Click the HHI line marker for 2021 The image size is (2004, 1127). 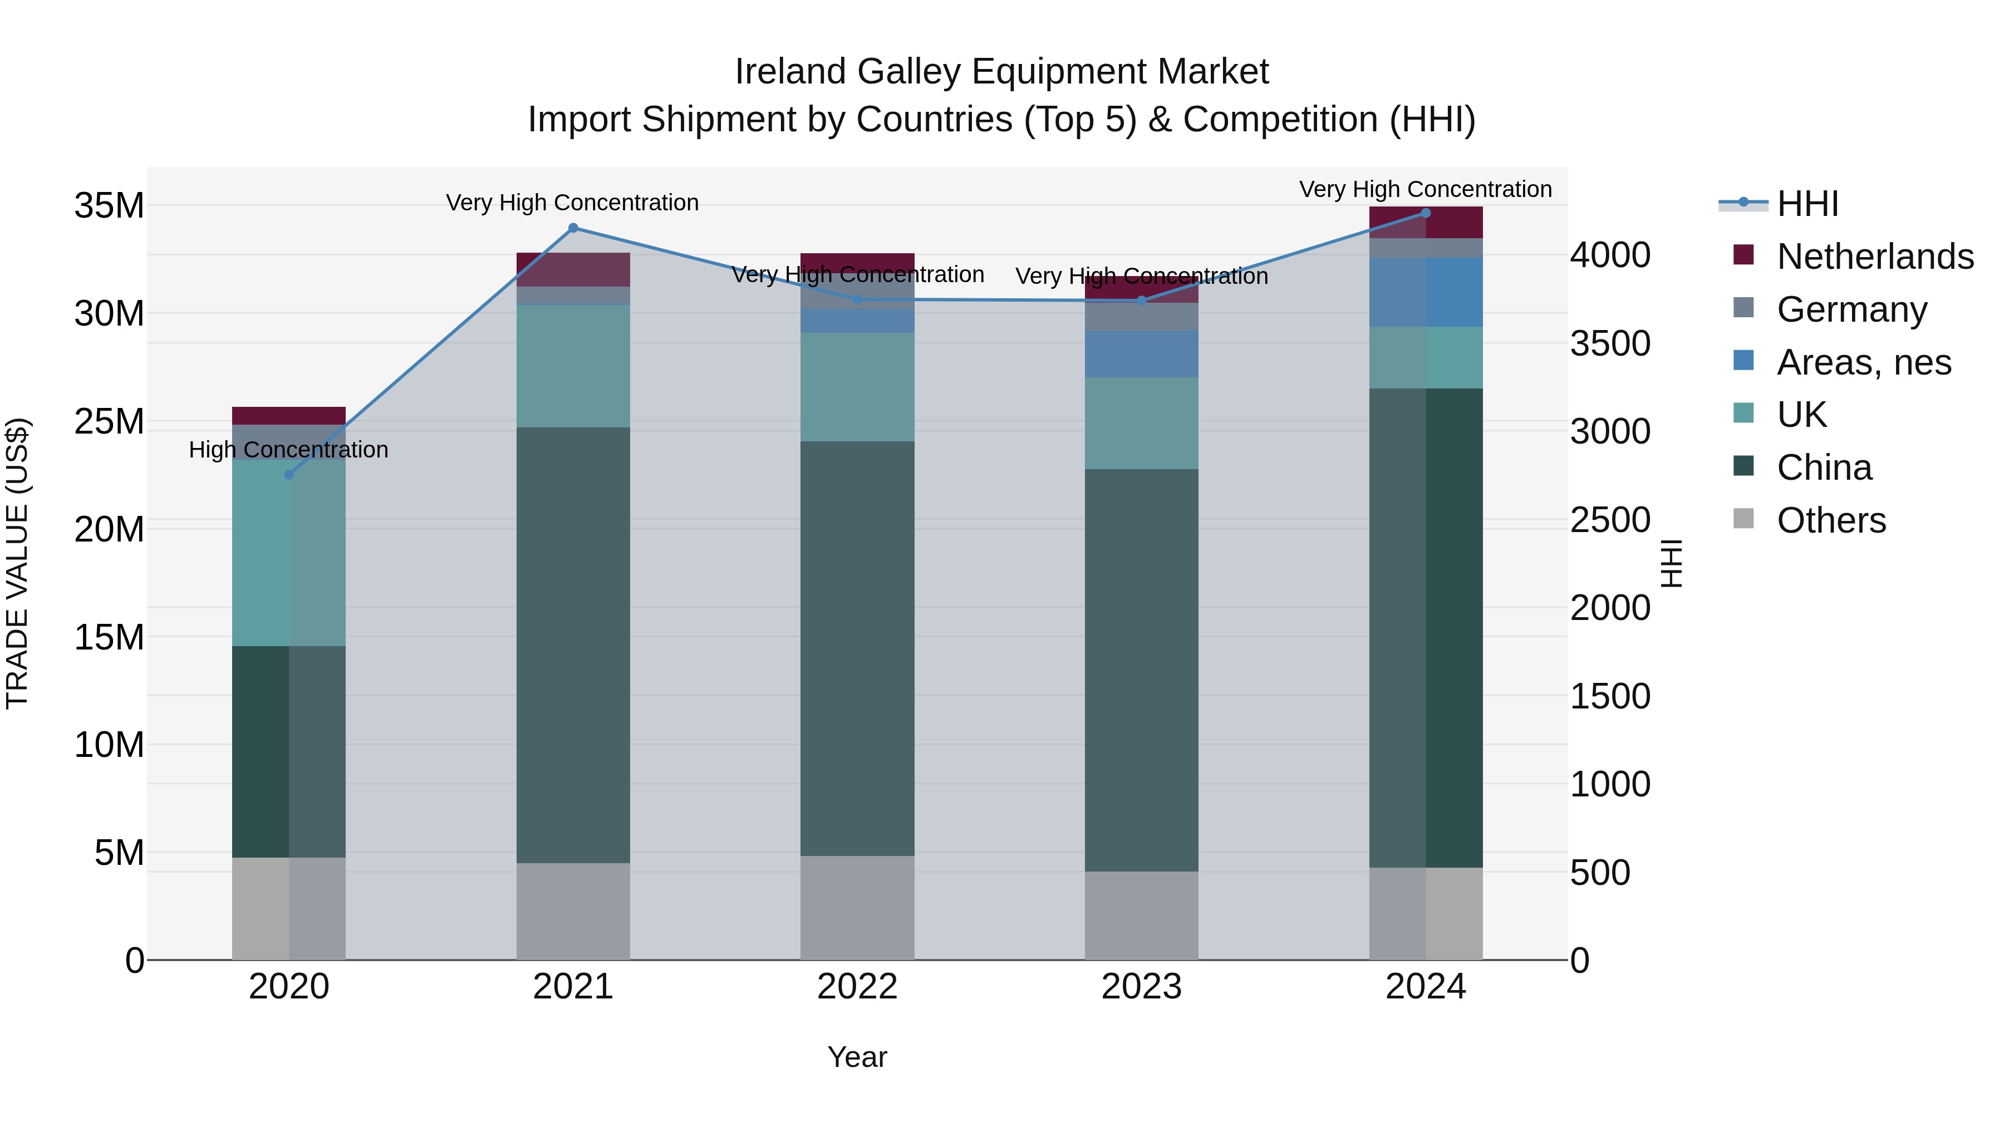coord(573,228)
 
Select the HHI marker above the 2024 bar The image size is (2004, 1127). coord(1426,213)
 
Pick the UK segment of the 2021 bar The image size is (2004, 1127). coord(573,366)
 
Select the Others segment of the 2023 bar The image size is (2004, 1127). coord(1141,916)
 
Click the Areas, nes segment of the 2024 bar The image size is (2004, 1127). coord(1426,292)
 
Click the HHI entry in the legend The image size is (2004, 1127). coord(1807,204)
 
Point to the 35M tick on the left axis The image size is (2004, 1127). coord(109,206)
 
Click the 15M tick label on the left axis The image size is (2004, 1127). coord(109,638)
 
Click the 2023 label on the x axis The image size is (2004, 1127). coord(1141,987)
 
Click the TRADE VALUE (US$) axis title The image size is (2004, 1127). coord(17,563)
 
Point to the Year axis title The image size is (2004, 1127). coord(857,1057)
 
